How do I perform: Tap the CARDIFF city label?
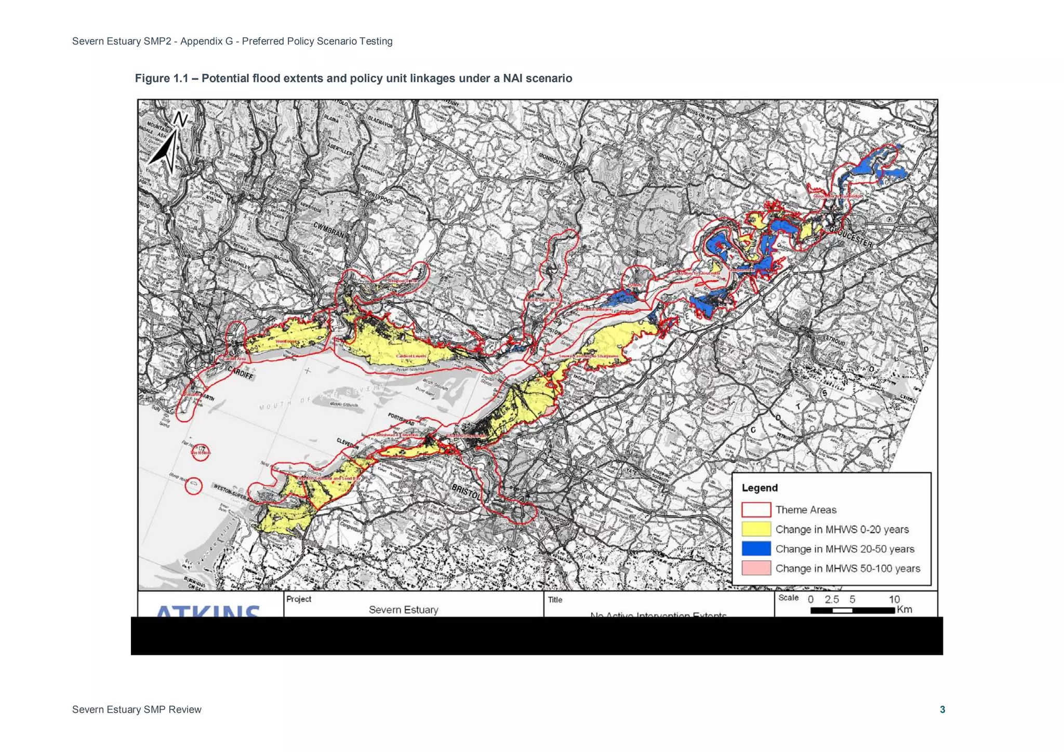pos(241,372)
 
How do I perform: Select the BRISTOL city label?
pos(465,491)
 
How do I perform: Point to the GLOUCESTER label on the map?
pos(850,236)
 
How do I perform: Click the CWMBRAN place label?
pos(328,229)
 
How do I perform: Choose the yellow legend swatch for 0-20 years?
pos(756,529)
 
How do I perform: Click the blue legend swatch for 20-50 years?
pos(756,548)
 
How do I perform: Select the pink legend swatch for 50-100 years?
pos(756,568)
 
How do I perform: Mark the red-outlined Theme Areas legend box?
pos(756,509)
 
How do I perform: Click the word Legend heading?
pos(760,488)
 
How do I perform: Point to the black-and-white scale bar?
pos(852,610)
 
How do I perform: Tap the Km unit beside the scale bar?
pos(905,609)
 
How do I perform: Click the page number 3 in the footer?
pos(942,709)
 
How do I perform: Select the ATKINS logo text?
pos(208,611)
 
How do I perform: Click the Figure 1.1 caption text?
pos(353,78)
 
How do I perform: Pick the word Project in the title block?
pos(299,599)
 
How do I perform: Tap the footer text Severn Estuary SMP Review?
pos(137,709)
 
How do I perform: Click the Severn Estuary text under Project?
pos(403,610)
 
